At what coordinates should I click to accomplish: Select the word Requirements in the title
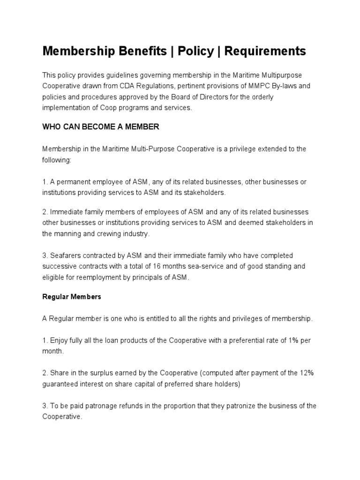click(x=265, y=51)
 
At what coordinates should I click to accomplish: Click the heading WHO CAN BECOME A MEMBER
click(x=101, y=127)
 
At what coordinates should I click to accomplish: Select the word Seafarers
click(x=65, y=255)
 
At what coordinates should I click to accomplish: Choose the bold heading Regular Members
click(x=71, y=297)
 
